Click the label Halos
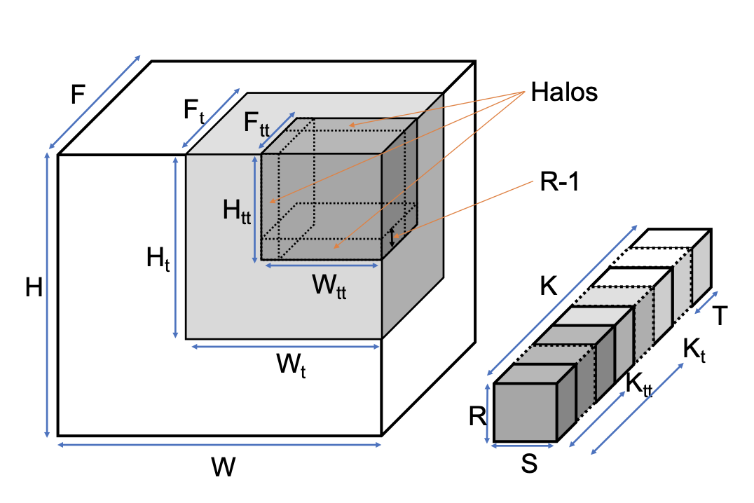click(564, 92)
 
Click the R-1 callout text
click(558, 184)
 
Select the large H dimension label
click(34, 288)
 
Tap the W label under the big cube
click(223, 467)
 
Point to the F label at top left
click(79, 94)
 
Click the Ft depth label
click(194, 111)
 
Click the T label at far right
click(718, 317)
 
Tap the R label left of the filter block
click(477, 417)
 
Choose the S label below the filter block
click(530, 464)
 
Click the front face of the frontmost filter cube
click(526, 413)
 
